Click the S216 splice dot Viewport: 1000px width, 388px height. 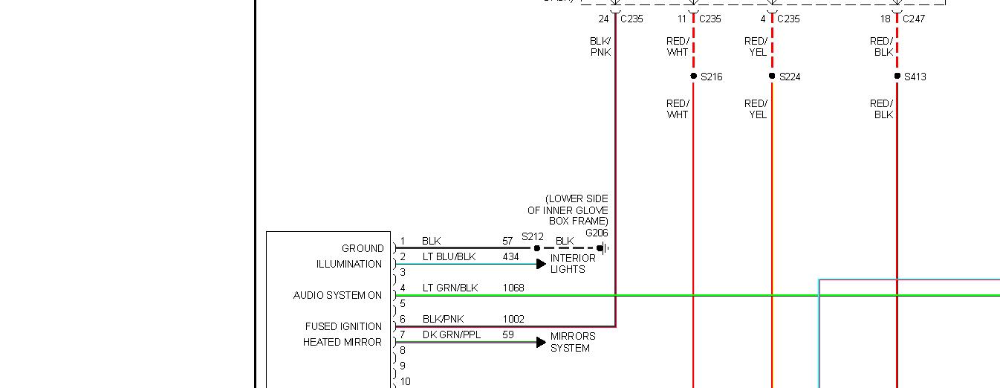693,76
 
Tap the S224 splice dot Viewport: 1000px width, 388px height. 772,76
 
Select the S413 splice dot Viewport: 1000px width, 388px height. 897,76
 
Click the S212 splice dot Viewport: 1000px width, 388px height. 537,248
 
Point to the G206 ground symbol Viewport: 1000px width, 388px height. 603,248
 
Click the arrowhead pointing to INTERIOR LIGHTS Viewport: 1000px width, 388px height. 542,264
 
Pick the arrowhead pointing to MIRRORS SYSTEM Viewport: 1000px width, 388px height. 542,342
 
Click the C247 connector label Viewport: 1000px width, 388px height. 913,19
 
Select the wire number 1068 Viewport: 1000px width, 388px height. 513,288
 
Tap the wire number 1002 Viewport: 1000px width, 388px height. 513,319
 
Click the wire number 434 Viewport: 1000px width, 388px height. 510,256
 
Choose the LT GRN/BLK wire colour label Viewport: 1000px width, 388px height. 450,288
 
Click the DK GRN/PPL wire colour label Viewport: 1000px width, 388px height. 452,334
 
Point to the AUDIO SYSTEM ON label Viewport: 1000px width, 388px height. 337,295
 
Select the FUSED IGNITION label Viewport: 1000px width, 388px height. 343,326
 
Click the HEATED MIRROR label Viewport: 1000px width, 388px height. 342,342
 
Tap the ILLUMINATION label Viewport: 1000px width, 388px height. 349,264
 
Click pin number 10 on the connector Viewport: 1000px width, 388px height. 405,381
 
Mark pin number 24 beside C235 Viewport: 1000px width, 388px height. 603,19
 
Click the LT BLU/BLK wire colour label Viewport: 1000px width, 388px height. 449,256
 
